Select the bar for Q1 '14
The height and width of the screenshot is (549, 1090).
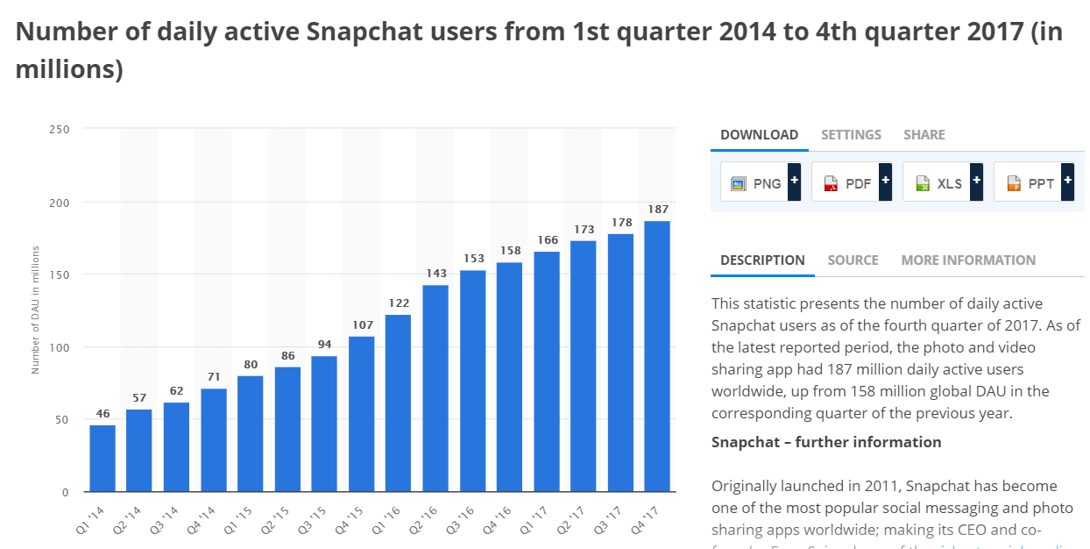(103, 458)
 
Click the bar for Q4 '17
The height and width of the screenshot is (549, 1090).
(657, 355)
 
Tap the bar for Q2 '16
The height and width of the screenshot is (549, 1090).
(435, 388)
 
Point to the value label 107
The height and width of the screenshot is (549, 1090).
(361, 324)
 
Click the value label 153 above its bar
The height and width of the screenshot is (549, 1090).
(472, 258)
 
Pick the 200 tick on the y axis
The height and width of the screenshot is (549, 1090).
(60, 202)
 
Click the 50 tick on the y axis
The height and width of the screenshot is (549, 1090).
(63, 419)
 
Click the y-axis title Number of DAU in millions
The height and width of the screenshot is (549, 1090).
(36, 310)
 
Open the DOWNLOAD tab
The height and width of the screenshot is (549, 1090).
(759, 135)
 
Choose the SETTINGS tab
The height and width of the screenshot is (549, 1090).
(851, 135)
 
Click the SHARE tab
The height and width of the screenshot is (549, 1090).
(924, 135)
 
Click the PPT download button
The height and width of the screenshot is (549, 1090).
(1031, 182)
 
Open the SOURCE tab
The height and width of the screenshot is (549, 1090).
(853, 260)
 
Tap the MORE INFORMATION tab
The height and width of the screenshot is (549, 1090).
(968, 260)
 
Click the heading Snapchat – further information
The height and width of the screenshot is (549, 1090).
(826, 442)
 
